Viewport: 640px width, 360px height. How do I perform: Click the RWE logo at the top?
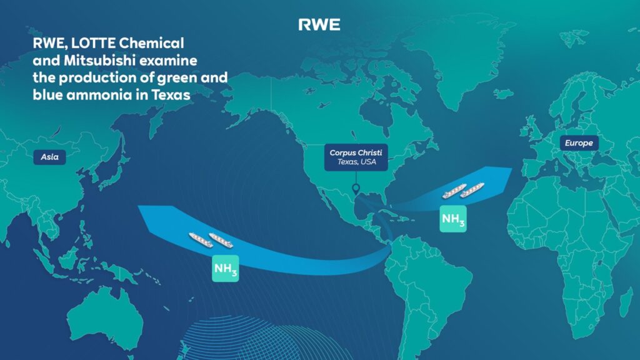(319, 24)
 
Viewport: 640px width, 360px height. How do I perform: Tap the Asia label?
(49, 157)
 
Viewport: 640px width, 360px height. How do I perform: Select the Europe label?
(579, 143)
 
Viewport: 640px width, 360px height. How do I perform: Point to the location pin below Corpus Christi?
(355, 189)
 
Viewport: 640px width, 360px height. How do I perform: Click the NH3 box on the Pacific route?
(225, 268)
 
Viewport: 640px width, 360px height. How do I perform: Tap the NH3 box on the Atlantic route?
(453, 219)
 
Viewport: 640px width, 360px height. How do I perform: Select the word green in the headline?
(186, 78)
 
